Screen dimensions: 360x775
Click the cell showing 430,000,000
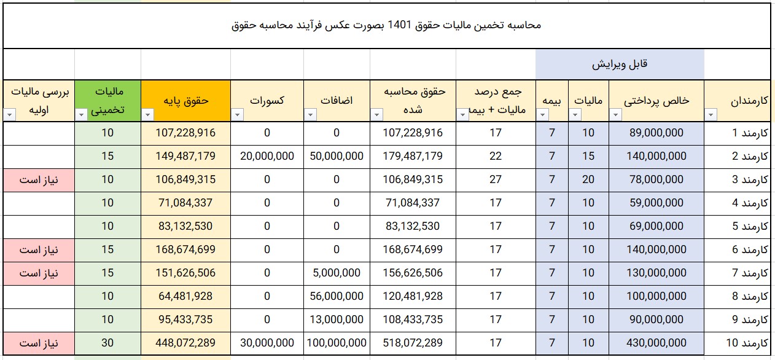click(x=656, y=343)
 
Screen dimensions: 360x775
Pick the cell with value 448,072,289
click(x=185, y=343)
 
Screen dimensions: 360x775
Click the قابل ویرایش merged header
click(x=620, y=65)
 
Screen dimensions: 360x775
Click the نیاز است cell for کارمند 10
click(x=38, y=343)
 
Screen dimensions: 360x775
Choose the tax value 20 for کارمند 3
click(x=588, y=179)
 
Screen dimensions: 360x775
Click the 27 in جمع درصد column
click(x=495, y=179)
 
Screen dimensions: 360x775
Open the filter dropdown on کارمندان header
click(x=711, y=114)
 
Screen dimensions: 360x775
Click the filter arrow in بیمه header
click(x=542, y=114)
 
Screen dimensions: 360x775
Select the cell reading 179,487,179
click(x=412, y=156)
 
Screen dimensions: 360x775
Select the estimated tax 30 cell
click(x=107, y=343)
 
